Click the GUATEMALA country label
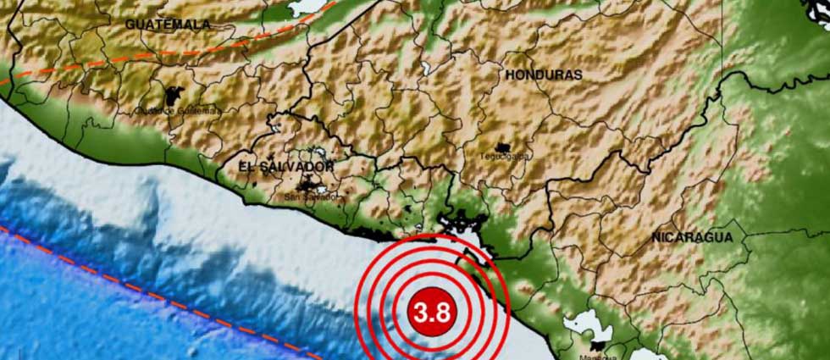click(x=168, y=25)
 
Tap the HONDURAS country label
click(x=544, y=75)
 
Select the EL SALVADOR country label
click(x=285, y=167)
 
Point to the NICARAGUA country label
click(x=692, y=238)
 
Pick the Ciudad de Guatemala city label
click(x=179, y=110)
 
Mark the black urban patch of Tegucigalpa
click(x=506, y=147)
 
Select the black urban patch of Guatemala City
click(x=179, y=96)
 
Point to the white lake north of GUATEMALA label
click(x=305, y=7)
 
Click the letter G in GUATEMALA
click(x=131, y=25)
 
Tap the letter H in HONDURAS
click(x=511, y=75)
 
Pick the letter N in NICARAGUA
click(x=656, y=238)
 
